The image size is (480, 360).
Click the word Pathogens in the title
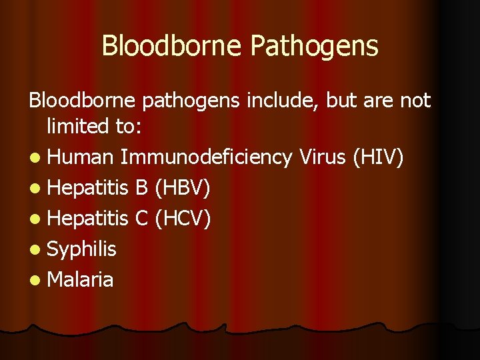coord(315,47)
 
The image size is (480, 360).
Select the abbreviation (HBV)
coord(183,189)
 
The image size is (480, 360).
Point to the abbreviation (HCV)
coord(183,219)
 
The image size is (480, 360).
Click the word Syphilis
coord(82,249)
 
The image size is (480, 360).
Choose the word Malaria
coord(81,279)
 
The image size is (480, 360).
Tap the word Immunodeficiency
coord(207,158)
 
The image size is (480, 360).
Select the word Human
coord(81,158)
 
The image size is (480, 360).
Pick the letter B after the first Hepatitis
coord(141,189)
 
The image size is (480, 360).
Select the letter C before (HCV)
coord(141,219)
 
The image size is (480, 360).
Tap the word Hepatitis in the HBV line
coord(88,189)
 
